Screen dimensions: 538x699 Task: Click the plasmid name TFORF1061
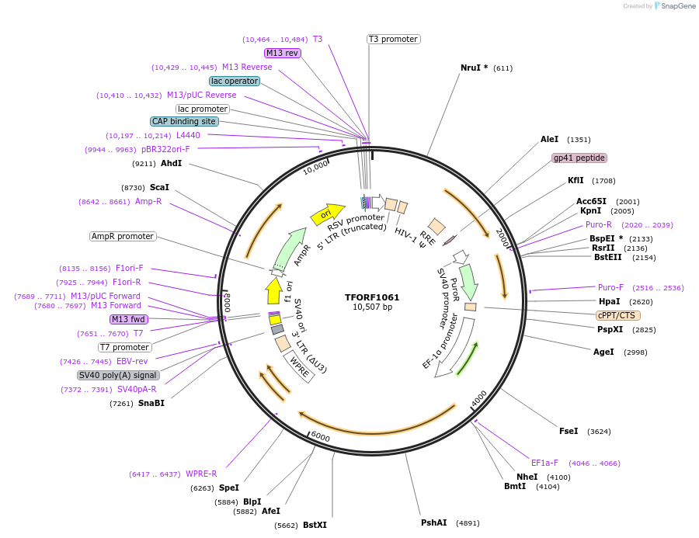point(372,297)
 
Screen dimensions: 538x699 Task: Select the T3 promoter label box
point(393,39)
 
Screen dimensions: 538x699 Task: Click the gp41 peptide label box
point(579,158)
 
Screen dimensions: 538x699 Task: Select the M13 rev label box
point(282,53)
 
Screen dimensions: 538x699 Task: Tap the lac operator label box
point(234,81)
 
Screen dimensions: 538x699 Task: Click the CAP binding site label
point(184,121)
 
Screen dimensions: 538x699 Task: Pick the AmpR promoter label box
point(123,236)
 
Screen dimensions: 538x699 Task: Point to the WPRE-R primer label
point(201,474)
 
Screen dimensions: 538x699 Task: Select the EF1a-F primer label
point(544,463)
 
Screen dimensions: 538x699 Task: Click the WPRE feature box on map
point(300,366)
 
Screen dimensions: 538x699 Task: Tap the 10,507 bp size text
point(372,307)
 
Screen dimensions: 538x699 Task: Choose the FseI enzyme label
point(569,431)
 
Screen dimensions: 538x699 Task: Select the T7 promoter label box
point(124,347)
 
